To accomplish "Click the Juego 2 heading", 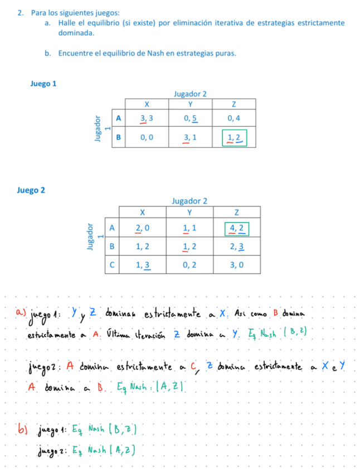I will coord(32,190).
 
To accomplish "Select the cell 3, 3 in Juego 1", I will coord(147,118).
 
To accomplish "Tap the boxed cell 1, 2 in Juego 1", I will coord(234,137).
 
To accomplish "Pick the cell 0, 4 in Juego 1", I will coord(234,118).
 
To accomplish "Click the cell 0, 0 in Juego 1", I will coord(147,137).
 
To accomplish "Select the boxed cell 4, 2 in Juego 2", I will coord(237,228).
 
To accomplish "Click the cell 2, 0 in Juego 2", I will coord(143,228).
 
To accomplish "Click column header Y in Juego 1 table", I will coord(190,104).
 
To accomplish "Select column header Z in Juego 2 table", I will coord(237,213).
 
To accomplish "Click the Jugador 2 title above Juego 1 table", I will coord(190,94).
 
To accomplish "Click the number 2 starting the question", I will coord(20,12).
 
